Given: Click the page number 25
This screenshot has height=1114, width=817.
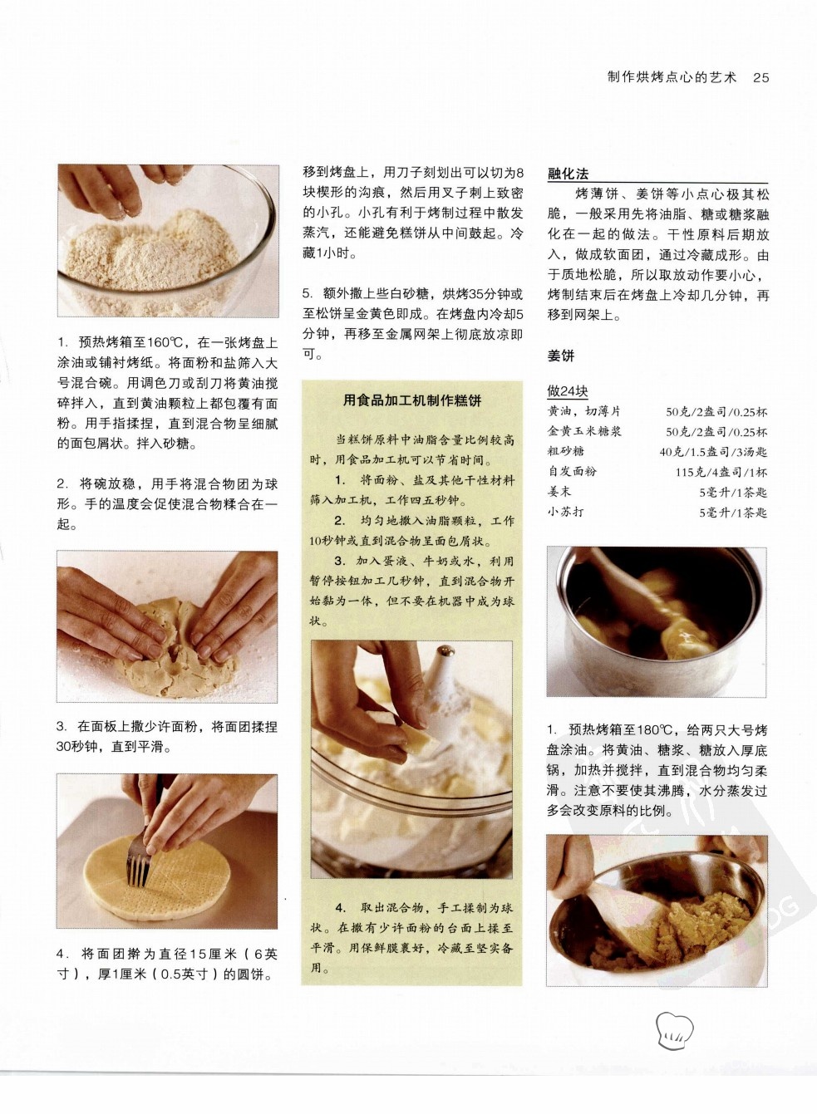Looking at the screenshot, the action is (760, 77).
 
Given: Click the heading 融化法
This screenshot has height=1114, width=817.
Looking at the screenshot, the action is (568, 174).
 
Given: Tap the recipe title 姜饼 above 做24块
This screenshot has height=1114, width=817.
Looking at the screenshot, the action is (561, 356).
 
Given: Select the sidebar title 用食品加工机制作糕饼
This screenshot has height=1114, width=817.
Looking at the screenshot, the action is (412, 400).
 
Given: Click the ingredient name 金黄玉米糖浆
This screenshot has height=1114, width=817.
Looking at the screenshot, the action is (584, 431).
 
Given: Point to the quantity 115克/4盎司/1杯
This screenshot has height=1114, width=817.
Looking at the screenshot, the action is (721, 472).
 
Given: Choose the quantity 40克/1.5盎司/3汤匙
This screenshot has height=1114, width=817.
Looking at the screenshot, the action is (713, 452).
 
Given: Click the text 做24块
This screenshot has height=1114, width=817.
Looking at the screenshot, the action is (568, 391).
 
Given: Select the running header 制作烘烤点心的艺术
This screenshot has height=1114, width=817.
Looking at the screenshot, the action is (672, 77).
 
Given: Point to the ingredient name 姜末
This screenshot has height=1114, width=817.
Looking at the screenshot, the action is (559, 492).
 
